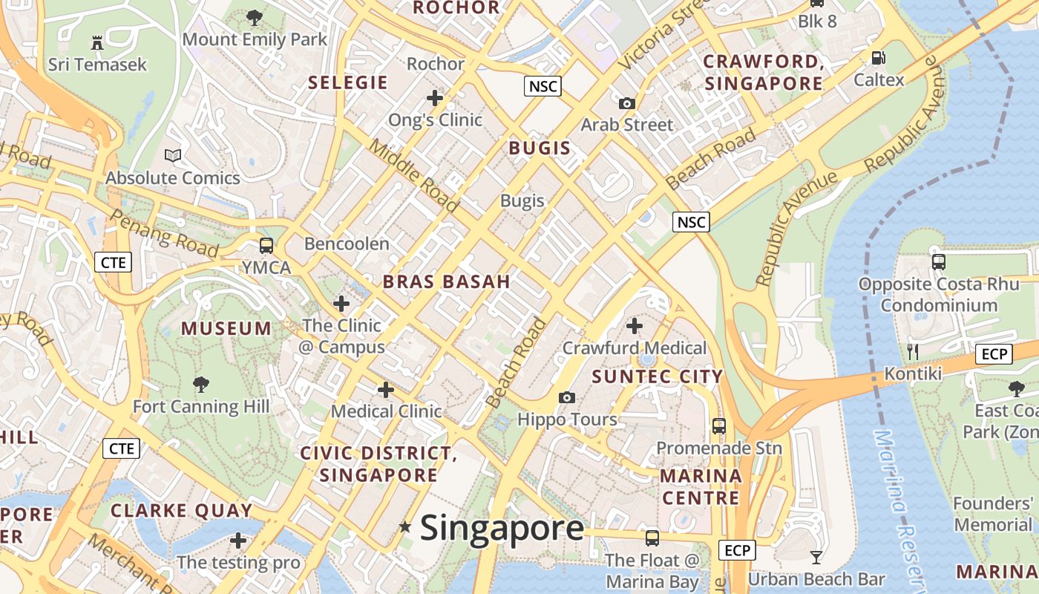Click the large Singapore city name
[502, 528]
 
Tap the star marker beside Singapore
[404, 527]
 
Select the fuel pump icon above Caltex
[878, 57]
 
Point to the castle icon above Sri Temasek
[97, 42]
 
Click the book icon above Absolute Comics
[173, 155]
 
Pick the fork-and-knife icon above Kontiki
[913, 351]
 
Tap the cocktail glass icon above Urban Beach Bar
[816, 557]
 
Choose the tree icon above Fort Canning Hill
[200, 384]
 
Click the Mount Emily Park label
[255, 39]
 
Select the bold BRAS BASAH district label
[447, 281]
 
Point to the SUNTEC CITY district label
[657, 376]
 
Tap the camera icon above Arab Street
[627, 103]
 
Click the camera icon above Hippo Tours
[567, 397]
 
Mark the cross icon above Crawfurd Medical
[635, 325]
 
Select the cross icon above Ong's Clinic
[435, 97]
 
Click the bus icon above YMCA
[266, 245]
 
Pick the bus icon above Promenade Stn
[718, 426]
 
